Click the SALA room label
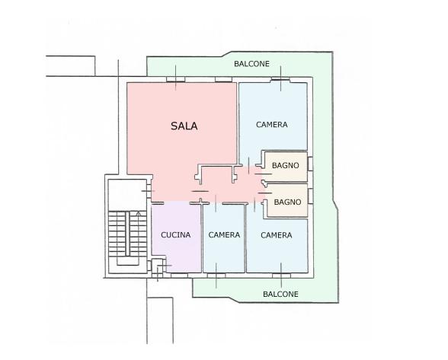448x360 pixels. (184, 126)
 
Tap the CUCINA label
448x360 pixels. (176, 234)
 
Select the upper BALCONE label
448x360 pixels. (251, 64)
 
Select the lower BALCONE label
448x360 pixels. (280, 294)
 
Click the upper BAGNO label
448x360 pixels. (286, 165)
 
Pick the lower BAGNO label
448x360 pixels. (287, 202)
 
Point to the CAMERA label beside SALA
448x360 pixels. (272, 125)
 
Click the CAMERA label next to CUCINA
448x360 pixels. (224, 234)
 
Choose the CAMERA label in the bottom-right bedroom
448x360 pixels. (277, 235)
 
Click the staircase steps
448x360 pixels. (127, 234)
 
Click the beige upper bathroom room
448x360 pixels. (286, 167)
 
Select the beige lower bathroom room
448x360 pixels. (287, 201)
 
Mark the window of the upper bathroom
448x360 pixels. (310, 164)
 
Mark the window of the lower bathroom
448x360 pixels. (310, 196)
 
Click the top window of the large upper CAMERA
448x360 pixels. (280, 80)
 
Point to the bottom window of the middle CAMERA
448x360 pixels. (216, 276)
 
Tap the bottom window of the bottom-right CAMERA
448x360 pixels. (281, 276)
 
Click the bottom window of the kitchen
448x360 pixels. (180, 276)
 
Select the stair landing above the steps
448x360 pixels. (127, 195)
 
